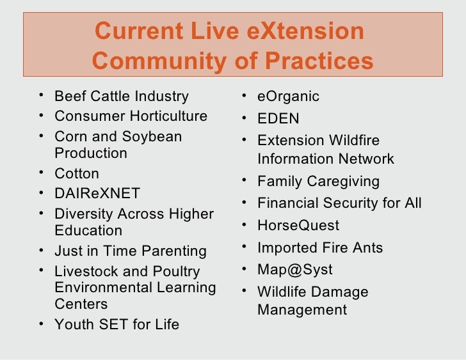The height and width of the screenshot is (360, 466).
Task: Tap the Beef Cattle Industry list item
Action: pyautogui.click(x=121, y=97)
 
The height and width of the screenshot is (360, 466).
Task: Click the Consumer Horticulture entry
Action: pyautogui.click(x=131, y=116)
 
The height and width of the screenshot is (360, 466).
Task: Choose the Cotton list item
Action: pyautogui.click(x=77, y=174)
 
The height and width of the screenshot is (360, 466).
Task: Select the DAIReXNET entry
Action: pyautogui.click(x=97, y=193)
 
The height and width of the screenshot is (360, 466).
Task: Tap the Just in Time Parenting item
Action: pyautogui.click(x=130, y=251)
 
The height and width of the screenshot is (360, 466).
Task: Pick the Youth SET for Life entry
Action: pyautogui.click(x=116, y=324)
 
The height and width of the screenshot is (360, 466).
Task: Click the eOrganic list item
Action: pyautogui.click(x=288, y=97)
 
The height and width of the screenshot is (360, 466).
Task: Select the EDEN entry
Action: pyautogui.click(x=278, y=119)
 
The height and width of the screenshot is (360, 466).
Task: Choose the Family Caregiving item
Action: pyautogui.click(x=318, y=182)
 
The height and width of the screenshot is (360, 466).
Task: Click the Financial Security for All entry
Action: pyautogui.click(x=339, y=203)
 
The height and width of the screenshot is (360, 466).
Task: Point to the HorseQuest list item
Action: pyautogui.click(x=298, y=226)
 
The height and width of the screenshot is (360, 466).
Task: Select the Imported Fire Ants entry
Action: pyautogui.click(x=321, y=247)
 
